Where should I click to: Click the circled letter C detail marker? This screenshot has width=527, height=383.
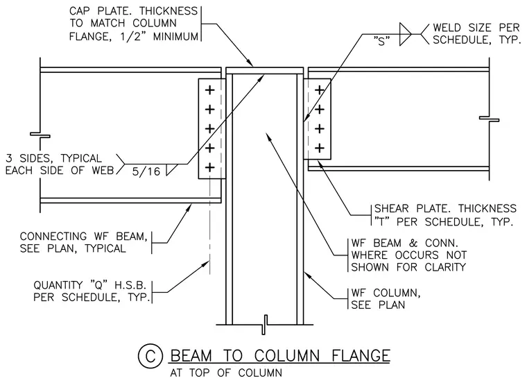(x=150, y=356)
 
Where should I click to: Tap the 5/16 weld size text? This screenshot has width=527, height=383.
(x=146, y=171)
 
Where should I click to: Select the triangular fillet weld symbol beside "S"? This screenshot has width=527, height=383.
(x=405, y=34)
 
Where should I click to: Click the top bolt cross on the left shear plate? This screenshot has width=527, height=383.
(x=209, y=90)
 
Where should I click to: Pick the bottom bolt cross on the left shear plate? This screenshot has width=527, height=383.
(x=209, y=167)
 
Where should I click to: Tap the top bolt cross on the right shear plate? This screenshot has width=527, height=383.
(x=319, y=90)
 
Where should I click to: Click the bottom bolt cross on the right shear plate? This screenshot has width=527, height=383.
(x=319, y=148)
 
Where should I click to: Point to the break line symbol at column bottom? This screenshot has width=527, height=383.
(x=264, y=325)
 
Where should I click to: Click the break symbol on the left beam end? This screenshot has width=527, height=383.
(x=40, y=135)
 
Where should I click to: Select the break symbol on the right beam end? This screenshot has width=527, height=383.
(x=489, y=119)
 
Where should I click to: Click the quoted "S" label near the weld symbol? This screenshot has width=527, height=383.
(x=382, y=41)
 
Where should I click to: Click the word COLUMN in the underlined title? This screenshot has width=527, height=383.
(x=286, y=356)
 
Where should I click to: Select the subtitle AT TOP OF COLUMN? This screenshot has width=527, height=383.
(x=226, y=373)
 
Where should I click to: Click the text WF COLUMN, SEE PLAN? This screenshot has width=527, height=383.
(x=386, y=298)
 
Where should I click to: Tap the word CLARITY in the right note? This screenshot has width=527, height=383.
(x=445, y=267)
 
